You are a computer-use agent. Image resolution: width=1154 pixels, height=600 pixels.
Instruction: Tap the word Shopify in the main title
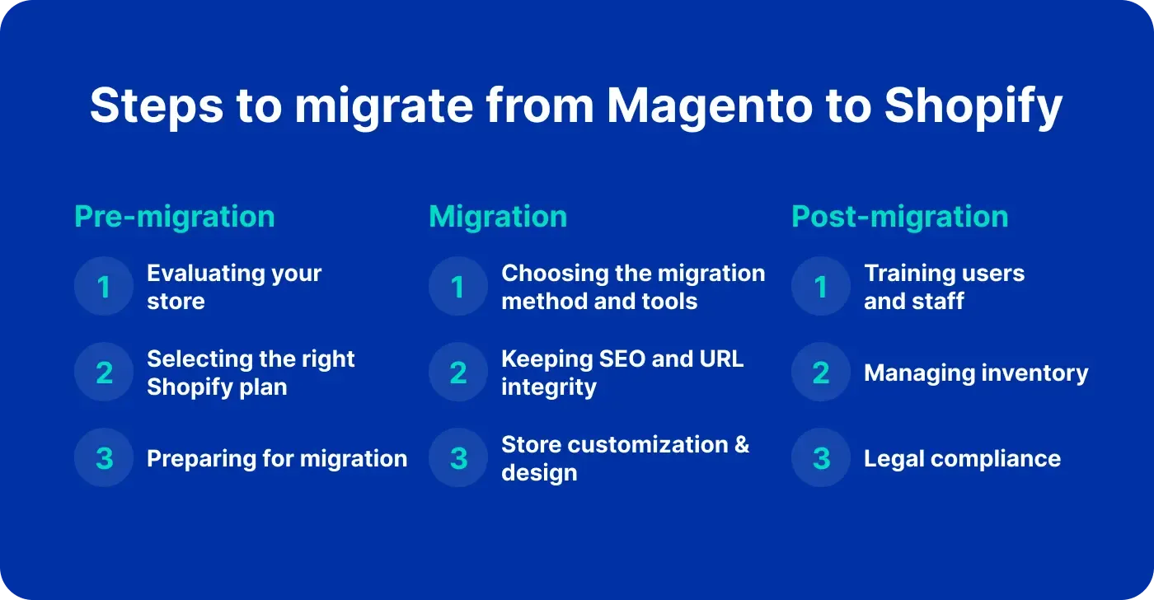click(x=973, y=107)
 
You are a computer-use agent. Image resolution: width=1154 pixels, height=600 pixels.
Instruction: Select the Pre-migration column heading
click(x=175, y=217)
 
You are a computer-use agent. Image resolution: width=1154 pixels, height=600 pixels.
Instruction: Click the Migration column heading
click(x=498, y=217)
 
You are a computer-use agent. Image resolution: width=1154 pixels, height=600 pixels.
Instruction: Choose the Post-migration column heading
click(x=899, y=217)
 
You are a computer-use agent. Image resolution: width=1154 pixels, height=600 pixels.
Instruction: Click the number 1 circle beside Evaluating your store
click(x=104, y=287)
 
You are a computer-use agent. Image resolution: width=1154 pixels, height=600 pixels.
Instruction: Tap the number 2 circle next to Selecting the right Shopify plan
click(x=104, y=373)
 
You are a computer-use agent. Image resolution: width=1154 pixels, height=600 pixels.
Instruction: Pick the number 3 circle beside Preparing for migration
click(x=104, y=458)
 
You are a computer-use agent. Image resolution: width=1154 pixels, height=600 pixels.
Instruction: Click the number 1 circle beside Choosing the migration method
click(x=458, y=287)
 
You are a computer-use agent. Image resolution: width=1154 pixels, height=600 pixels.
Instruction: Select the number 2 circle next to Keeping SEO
click(x=458, y=373)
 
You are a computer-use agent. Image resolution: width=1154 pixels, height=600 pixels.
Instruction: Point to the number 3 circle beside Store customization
click(x=458, y=458)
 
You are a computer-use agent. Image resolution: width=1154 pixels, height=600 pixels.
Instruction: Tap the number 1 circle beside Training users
click(x=821, y=287)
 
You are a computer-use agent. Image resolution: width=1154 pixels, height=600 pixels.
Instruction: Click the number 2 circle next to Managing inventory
click(x=821, y=373)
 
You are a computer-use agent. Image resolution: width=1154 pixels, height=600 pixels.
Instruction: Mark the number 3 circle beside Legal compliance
click(x=821, y=458)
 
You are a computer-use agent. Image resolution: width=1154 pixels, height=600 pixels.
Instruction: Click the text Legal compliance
click(x=962, y=458)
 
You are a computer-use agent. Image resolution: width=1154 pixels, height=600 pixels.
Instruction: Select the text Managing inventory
click(x=976, y=373)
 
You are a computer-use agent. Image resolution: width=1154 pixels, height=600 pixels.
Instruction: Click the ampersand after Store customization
click(x=741, y=445)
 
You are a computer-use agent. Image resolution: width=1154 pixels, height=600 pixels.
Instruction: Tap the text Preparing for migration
click(x=277, y=458)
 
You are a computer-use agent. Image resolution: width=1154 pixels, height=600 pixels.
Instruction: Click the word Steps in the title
click(x=152, y=107)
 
